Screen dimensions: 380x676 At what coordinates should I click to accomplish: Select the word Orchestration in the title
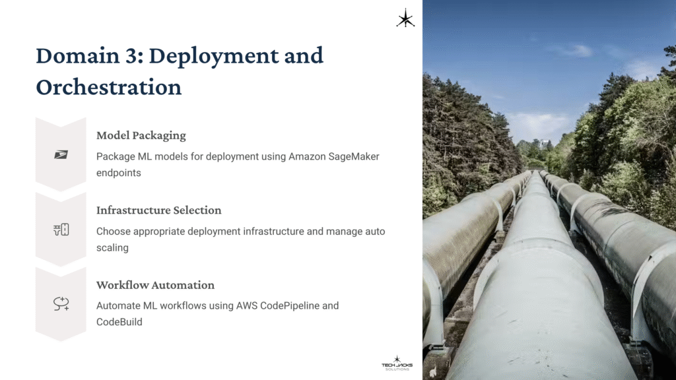[x=108, y=86]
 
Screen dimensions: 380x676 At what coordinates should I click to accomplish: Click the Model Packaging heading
[x=141, y=135]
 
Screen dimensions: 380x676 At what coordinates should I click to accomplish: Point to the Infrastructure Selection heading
[x=158, y=210]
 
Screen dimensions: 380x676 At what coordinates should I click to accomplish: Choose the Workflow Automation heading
[x=155, y=285]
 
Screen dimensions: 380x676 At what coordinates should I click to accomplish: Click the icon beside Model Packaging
[x=61, y=154]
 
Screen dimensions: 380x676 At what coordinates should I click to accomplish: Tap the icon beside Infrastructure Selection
[x=61, y=230]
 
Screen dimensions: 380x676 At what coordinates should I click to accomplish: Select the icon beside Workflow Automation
[x=61, y=303]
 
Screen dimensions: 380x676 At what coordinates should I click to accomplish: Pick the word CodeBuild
[x=119, y=322]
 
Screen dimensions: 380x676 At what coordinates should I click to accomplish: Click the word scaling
[x=113, y=247]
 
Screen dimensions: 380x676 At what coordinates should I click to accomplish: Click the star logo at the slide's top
[x=405, y=18]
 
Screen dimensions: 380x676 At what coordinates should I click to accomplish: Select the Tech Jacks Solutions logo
[x=396, y=362]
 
